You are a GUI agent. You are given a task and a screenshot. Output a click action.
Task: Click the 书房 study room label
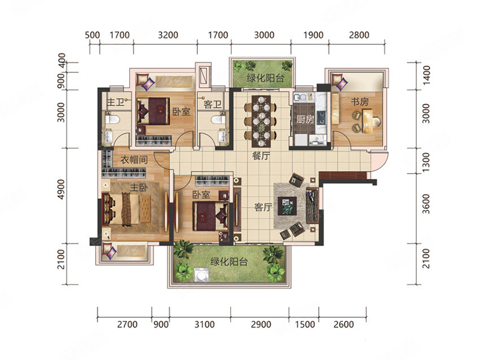coord(360,101)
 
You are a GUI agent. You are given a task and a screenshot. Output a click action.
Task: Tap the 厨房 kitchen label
coord(305,119)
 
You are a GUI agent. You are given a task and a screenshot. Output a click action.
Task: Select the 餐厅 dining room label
coord(261,156)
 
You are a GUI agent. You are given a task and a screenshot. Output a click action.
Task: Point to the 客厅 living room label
coord(263,207)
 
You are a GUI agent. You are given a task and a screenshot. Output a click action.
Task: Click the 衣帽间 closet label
coord(134,159)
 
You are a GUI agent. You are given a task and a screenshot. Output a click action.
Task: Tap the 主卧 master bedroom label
coord(139,187)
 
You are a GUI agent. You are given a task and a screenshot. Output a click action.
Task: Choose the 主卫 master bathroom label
coord(115,102)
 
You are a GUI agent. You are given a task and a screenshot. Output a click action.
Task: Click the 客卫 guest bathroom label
coord(212,105)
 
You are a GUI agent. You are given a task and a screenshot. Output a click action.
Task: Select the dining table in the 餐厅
coord(261,121)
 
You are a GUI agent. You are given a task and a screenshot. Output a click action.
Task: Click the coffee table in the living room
coord(287,206)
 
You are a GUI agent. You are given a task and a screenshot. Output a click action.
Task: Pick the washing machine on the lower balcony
coord(201,275)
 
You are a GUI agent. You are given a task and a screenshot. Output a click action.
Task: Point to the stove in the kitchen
coord(321,118)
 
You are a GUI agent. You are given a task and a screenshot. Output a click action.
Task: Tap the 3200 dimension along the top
coord(168,35)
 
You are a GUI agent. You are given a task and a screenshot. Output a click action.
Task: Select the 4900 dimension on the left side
coord(61,189)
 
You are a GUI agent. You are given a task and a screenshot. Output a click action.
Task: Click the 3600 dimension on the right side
coord(426,204)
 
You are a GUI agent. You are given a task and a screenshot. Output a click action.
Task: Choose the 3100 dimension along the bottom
coord(205,324)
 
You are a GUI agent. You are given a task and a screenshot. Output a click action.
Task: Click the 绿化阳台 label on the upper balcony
coord(265,78)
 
